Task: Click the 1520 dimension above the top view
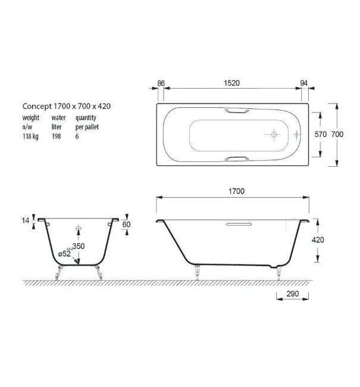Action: pyautogui.click(x=231, y=83)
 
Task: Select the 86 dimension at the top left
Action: pyautogui.click(x=161, y=83)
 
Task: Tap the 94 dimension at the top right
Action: pyautogui.click(x=303, y=83)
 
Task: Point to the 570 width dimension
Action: pyautogui.click(x=320, y=135)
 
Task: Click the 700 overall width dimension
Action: pyautogui.click(x=337, y=135)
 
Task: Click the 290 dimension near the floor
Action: pyautogui.click(x=292, y=295)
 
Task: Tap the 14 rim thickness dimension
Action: pyautogui.click(x=26, y=221)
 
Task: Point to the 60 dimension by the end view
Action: pyautogui.click(x=126, y=225)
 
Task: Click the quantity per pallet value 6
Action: pyautogui.click(x=77, y=136)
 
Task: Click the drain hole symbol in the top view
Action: pyautogui.click(x=273, y=135)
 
